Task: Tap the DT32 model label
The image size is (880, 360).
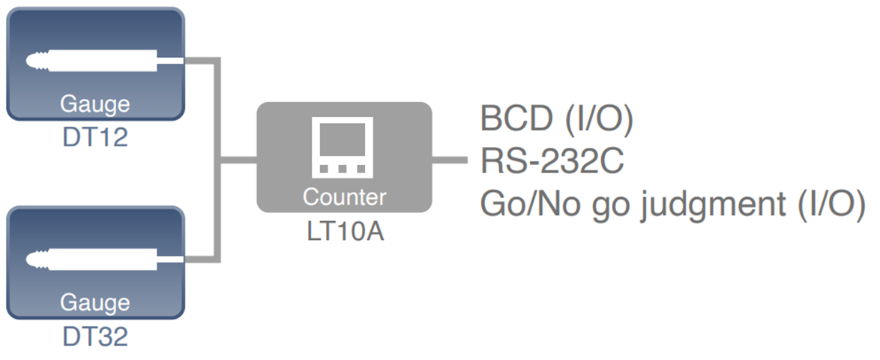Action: tap(94, 336)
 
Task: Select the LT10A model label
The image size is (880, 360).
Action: tap(345, 230)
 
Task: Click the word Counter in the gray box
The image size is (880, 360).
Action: tap(345, 196)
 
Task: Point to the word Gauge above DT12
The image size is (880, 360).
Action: tap(94, 103)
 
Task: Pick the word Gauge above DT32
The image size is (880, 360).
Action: tap(94, 303)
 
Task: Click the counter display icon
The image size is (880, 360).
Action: tap(344, 148)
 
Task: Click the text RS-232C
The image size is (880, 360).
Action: tap(551, 160)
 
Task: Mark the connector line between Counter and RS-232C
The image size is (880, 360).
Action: tap(451, 159)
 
